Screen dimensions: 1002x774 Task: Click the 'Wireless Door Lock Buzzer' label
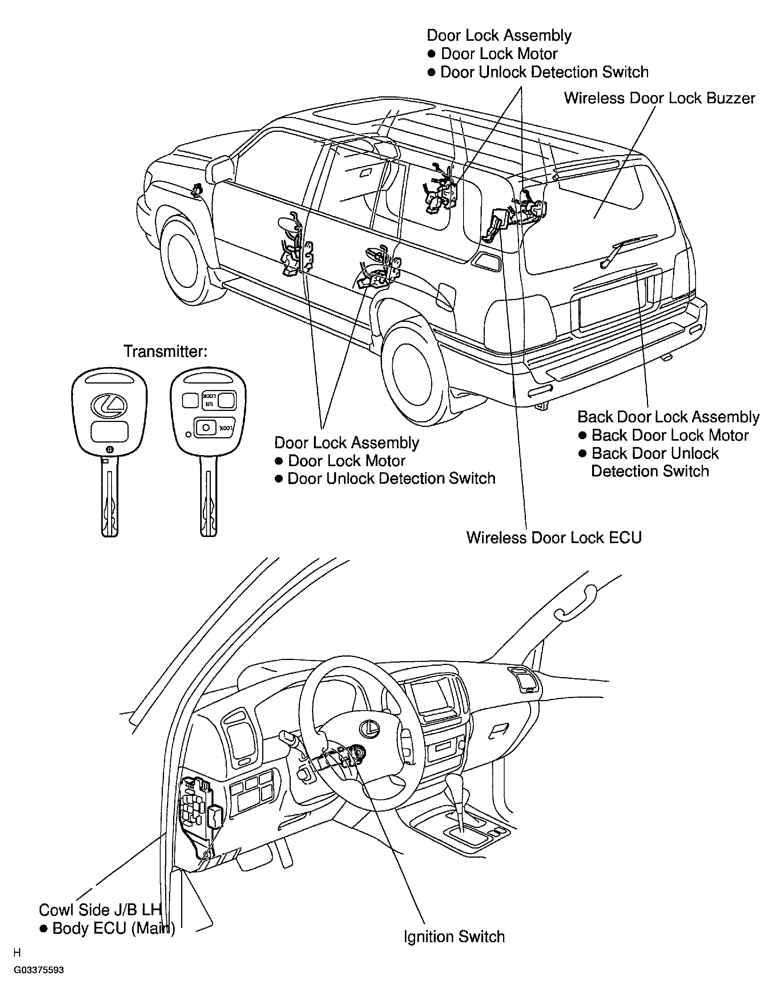659,98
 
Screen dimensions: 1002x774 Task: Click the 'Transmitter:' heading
166,352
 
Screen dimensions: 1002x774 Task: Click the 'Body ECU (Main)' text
113,928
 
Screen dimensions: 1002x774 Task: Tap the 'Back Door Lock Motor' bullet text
669,435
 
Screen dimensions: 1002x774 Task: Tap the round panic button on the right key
206,428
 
